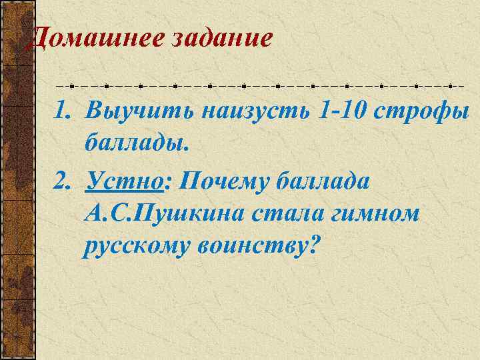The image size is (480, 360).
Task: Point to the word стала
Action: point(287,215)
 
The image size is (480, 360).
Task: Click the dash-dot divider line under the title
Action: point(260,86)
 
